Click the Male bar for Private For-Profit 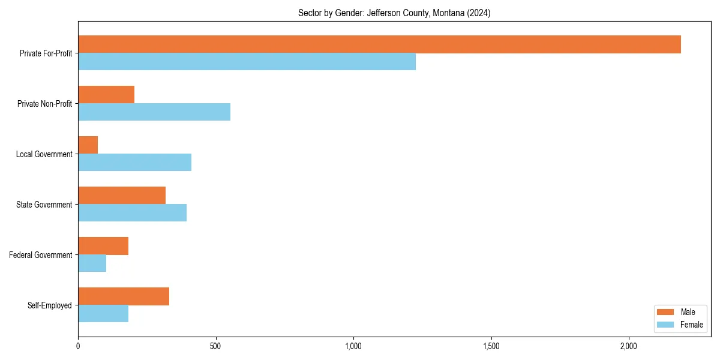pyautogui.click(x=379, y=44)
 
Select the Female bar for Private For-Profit pyautogui.click(x=247, y=62)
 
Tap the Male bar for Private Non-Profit pyautogui.click(x=106, y=95)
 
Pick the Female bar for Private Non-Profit pyautogui.click(x=154, y=112)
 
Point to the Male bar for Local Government pyautogui.click(x=88, y=145)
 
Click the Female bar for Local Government pyautogui.click(x=134, y=163)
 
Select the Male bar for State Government pyautogui.click(x=122, y=196)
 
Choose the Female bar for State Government pyautogui.click(x=132, y=213)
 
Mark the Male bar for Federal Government pyautogui.click(x=103, y=246)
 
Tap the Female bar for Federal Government pyautogui.click(x=92, y=263)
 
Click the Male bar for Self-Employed pyautogui.click(x=124, y=296)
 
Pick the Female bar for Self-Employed pyautogui.click(x=103, y=314)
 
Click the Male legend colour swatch pyautogui.click(x=665, y=312)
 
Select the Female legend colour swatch pyautogui.click(x=665, y=325)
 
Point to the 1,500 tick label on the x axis pyautogui.click(x=491, y=346)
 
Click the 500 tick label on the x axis pyautogui.click(x=216, y=346)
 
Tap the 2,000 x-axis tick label pyautogui.click(x=628, y=346)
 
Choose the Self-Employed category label pyautogui.click(x=50, y=305)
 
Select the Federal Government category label pyautogui.click(x=41, y=255)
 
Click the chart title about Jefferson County pyautogui.click(x=394, y=13)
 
